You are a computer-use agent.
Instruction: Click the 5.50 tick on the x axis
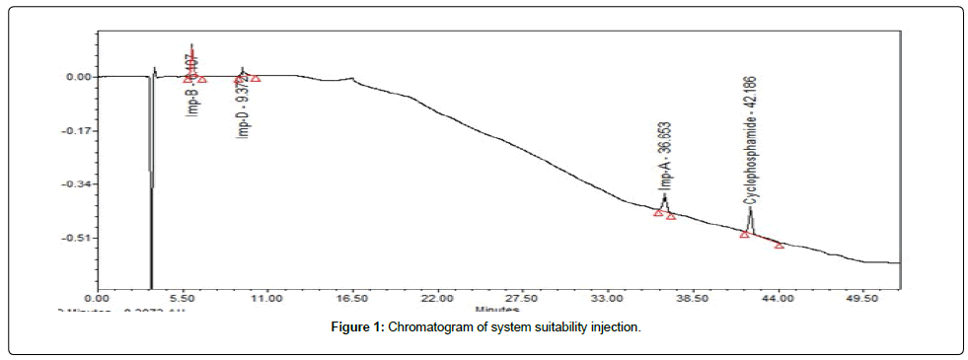(x=182, y=296)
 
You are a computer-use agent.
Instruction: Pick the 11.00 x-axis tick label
(x=266, y=296)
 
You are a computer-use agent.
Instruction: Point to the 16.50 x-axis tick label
(x=351, y=296)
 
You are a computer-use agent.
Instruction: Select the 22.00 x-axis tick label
(x=436, y=296)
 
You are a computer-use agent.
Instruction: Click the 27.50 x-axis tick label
(x=521, y=296)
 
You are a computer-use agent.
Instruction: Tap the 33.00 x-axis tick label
(x=606, y=296)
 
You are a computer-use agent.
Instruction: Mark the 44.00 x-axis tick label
(x=778, y=296)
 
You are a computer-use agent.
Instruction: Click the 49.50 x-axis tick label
(x=862, y=296)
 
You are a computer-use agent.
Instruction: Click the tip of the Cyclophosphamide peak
(x=750, y=207)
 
